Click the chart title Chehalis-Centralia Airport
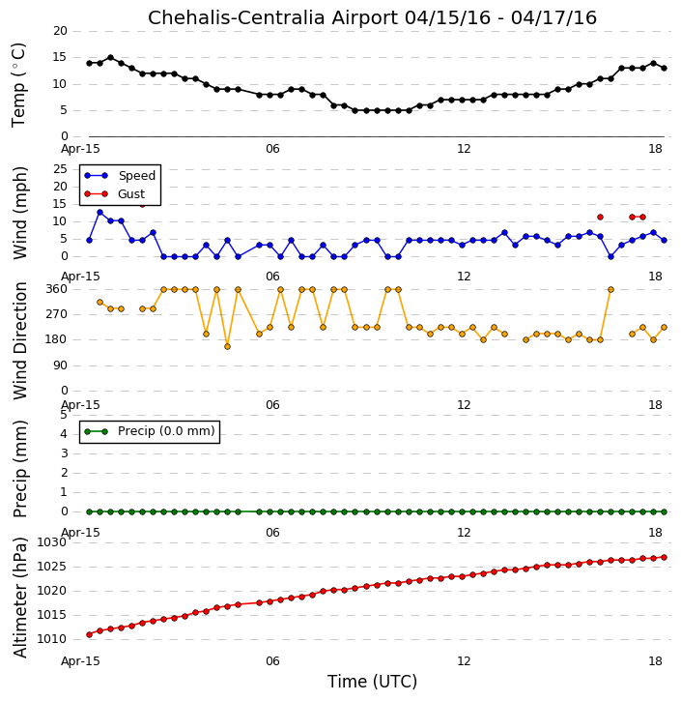coord(272,18)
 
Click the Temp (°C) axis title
coord(18,85)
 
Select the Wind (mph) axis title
coord(19,213)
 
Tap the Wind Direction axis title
coord(19,340)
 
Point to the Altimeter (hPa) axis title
coord(19,598)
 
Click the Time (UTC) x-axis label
coord(372,682)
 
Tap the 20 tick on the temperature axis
coord(60,31)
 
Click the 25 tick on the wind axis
coord(60,169)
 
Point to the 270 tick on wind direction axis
coord(56,314)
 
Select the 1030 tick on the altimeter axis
coord(51,542)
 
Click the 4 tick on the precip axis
coord(64,434)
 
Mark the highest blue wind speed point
coord(100,213)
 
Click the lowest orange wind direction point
coord(227,346)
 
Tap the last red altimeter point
coord(664,558)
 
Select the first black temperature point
coord(89,63)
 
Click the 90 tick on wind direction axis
coord(60,365)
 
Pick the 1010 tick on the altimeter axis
coord(51,639)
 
